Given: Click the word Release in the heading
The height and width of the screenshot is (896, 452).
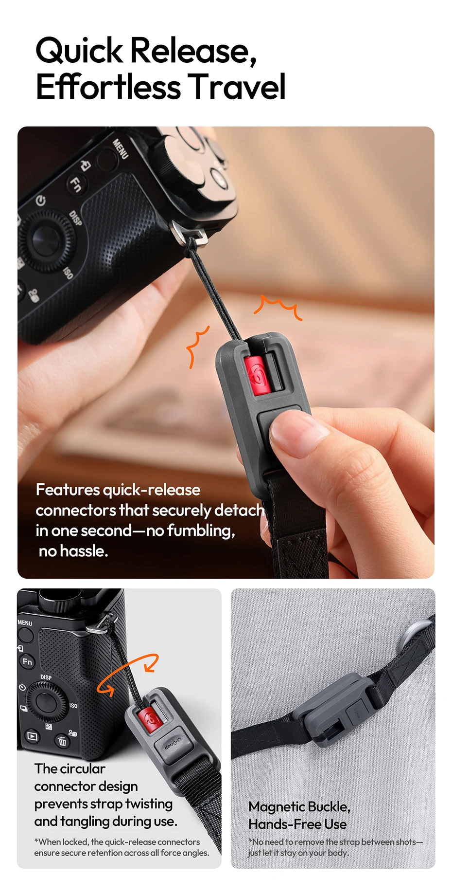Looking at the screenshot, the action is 193,51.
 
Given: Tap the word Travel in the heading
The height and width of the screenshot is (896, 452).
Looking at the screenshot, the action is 237,87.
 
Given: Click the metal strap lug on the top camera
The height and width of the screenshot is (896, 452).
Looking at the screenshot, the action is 189,233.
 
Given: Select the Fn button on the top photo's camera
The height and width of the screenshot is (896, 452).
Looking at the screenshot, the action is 76,184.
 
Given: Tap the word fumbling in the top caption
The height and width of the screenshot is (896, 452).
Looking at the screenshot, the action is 201,530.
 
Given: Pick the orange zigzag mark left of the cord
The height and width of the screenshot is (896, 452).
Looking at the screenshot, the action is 197,346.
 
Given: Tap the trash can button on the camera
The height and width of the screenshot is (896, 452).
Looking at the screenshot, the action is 62,741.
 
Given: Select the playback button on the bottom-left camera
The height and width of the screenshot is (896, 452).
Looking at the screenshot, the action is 33,736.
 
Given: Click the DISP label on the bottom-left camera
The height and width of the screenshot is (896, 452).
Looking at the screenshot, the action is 46,677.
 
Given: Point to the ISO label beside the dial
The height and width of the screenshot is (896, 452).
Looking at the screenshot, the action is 73,706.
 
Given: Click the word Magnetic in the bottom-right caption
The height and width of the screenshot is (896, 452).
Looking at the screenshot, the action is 277,806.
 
